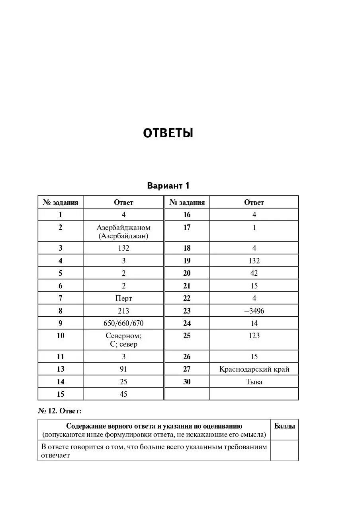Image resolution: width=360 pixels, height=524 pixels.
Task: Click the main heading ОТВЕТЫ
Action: coord(168,133)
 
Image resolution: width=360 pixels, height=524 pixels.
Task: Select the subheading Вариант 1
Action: coord(168,186)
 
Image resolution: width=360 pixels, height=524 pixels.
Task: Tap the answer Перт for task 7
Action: coord(123,298)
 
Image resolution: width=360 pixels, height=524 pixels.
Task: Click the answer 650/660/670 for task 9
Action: coord(123,323)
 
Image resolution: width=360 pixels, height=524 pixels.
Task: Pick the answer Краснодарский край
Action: coord(254,369)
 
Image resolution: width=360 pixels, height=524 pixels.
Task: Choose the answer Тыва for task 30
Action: coord(254,382)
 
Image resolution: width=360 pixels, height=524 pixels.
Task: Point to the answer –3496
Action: coord(254,311)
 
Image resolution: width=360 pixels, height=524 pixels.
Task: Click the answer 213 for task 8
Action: coord(123,311)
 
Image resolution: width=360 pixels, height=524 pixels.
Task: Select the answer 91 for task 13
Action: coord(123,369)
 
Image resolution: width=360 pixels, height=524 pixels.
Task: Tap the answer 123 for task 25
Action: coord(254,336)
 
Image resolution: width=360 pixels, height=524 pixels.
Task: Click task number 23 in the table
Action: coord(187,311)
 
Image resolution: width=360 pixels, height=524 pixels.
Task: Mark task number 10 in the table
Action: coord(61,336)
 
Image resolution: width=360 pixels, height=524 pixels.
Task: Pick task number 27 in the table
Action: coord(187,369)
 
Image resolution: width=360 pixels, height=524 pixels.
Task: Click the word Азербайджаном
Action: coord(123,228)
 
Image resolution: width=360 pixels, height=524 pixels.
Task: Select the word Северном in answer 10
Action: coord(123,336)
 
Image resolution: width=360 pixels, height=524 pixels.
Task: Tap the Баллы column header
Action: coord(284,426)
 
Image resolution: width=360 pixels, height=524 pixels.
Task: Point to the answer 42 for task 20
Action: coord(254,273)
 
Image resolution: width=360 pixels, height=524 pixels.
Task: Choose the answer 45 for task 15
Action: coord(123,394)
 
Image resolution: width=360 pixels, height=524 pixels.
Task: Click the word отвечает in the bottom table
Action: coord(55,456)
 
